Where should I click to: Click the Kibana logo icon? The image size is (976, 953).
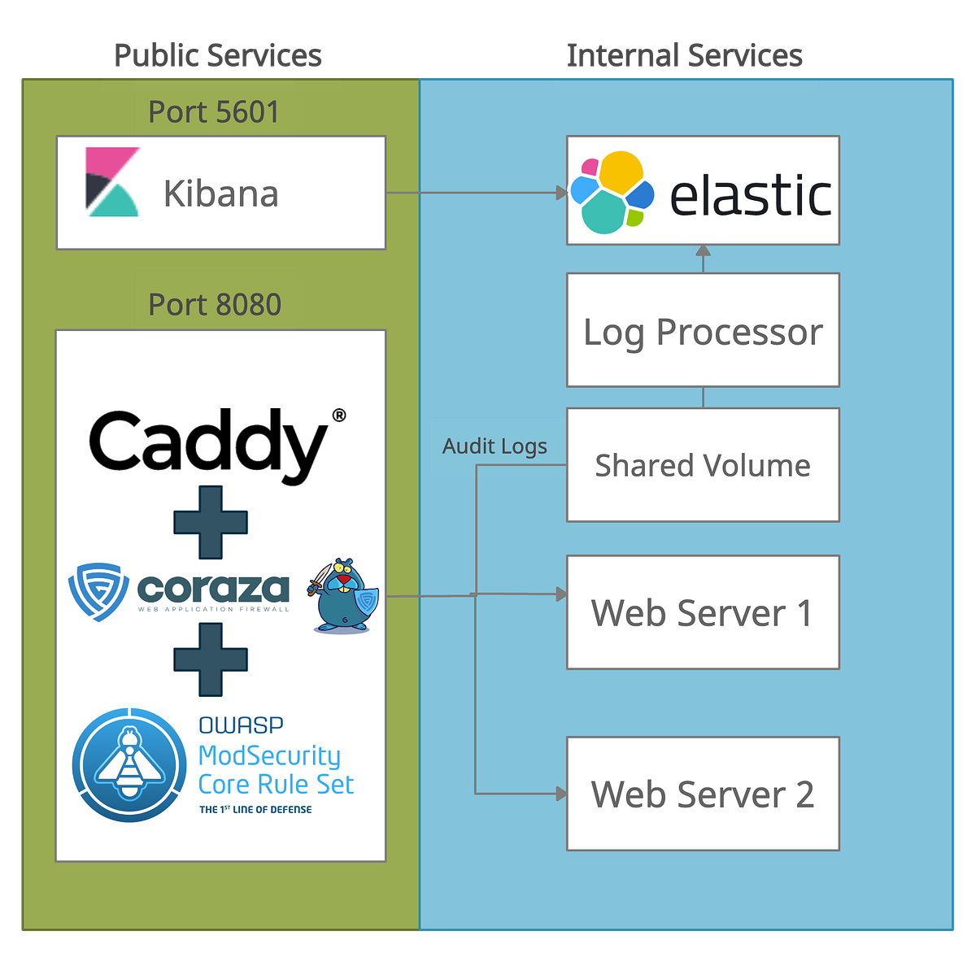(x=113, y=182)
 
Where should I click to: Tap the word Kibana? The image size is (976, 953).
(x=221, y=194)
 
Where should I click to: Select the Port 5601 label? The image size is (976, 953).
(x=214, y=112)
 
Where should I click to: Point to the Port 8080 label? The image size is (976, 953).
(x=215, y=305)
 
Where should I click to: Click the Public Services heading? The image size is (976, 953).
(x=218, y=55)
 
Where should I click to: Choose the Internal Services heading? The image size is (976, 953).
(x=685, y=55)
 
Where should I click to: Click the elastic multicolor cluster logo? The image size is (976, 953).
(x=612, y=192)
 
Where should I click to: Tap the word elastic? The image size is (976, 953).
(x=750, y=196)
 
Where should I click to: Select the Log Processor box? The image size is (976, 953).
(x=703, y=331)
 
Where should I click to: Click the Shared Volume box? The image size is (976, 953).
(x=703, y=465)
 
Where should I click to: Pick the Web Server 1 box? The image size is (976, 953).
(x=703, y=612)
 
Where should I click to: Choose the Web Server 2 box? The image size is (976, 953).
(x=703, y=794)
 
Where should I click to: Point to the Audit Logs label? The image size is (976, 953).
(x=495, y=446)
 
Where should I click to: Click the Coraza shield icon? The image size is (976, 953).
(x=98, y=591)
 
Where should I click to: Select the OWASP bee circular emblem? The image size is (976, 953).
(x=129, y=764)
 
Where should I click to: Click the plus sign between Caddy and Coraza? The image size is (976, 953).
(x=211, y=522)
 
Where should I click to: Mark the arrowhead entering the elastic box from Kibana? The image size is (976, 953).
(x=561, y=193)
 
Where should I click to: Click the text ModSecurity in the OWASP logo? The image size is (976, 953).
(x=269, y=755)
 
